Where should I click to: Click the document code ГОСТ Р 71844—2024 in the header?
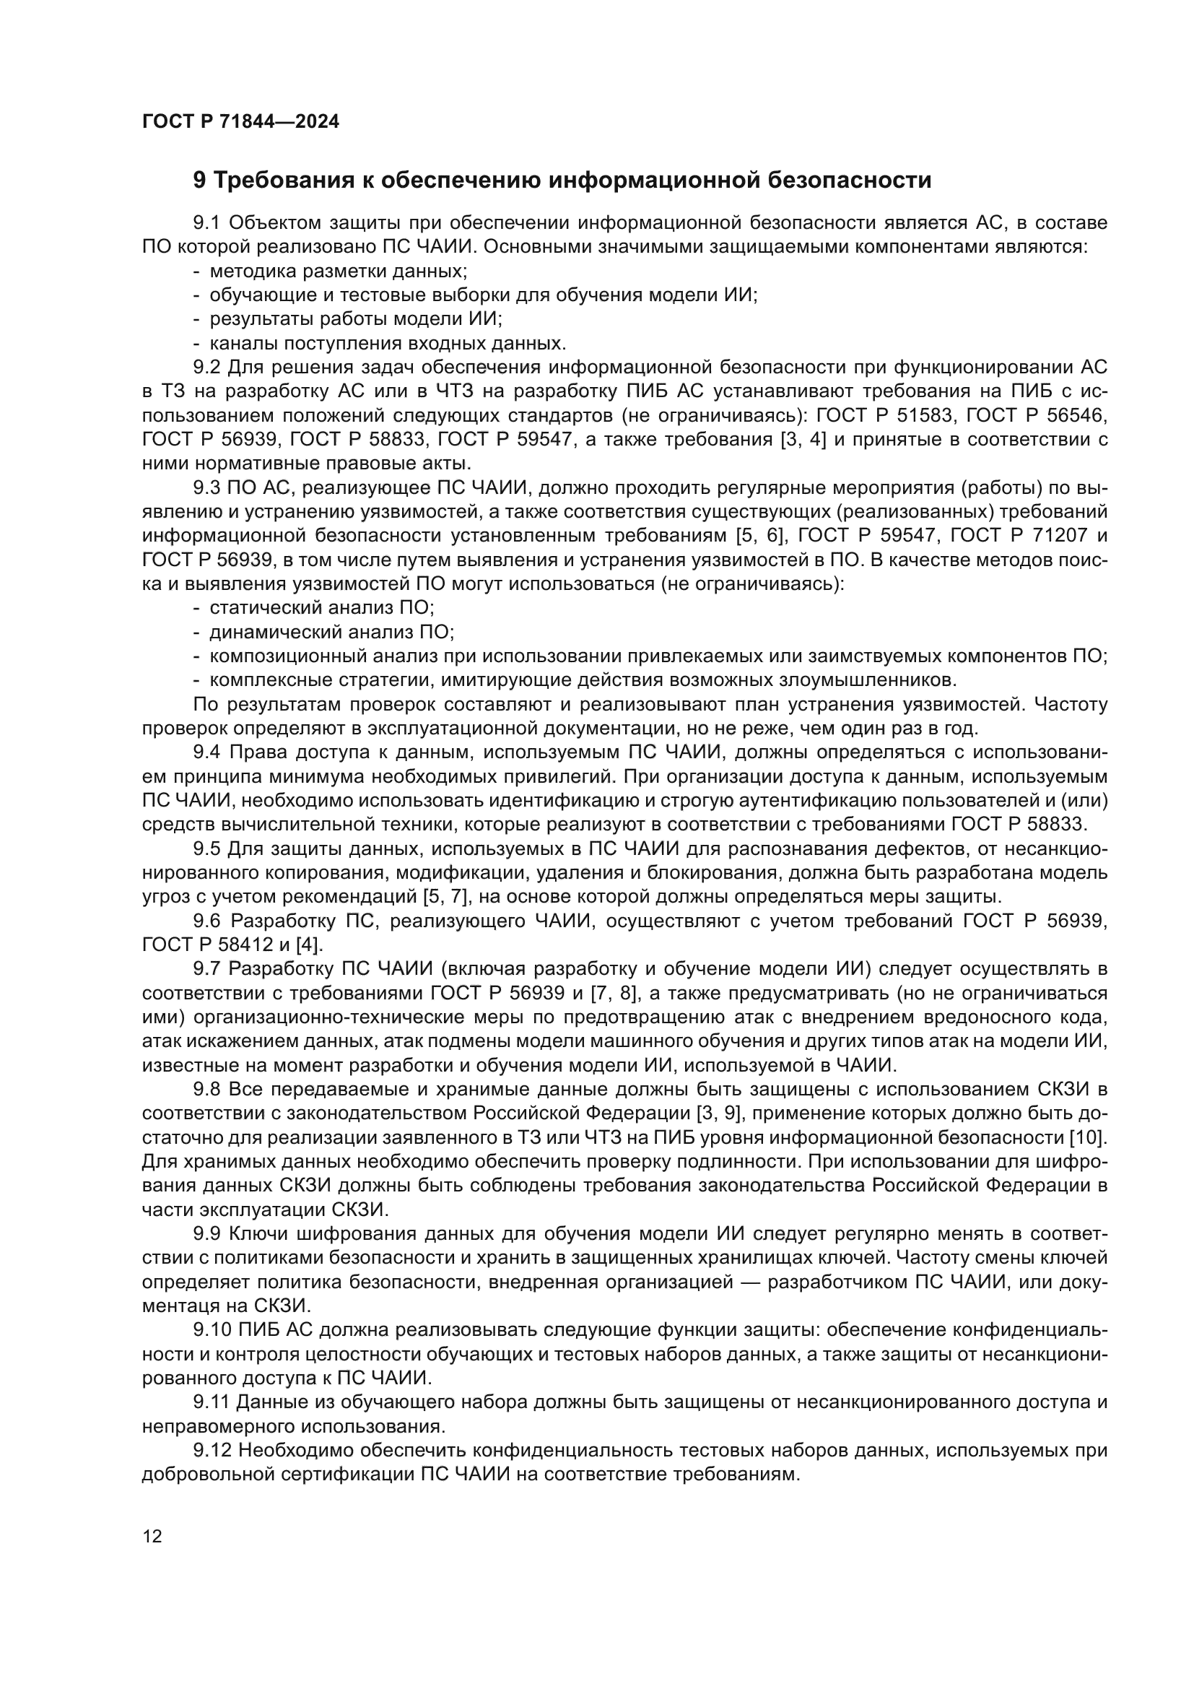click(240, 122)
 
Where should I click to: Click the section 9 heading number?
click(200, 181)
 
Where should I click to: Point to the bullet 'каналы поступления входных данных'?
click(388, 344)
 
